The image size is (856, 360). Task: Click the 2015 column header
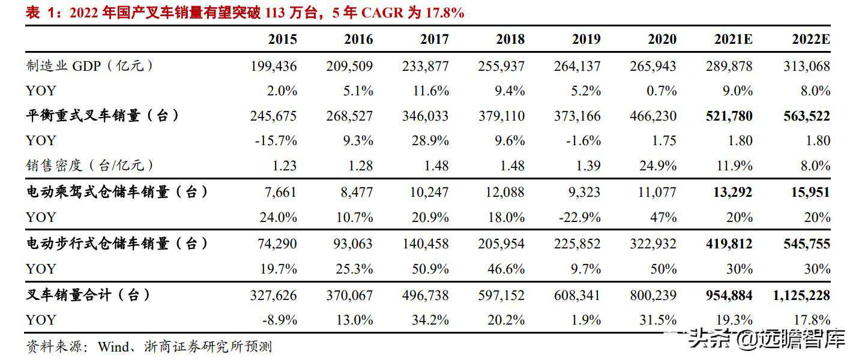coord(282,40)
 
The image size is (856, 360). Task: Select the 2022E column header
coord(811,40)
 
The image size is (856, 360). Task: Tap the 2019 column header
coord(586,40)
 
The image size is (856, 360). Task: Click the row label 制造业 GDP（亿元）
coord(89,65)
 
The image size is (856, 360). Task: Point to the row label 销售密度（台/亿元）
coord(89,165)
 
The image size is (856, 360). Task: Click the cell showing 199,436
coord(273,65)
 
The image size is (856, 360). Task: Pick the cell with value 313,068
coord(806,65)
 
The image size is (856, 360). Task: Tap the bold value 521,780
coord(729,116)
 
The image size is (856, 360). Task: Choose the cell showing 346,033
coord(425,116)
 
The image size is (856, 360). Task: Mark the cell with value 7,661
coord(280,192)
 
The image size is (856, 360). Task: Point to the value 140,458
coord(425,244)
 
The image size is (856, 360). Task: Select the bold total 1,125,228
coord(798,295)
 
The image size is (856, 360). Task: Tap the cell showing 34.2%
coord(430,320)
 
